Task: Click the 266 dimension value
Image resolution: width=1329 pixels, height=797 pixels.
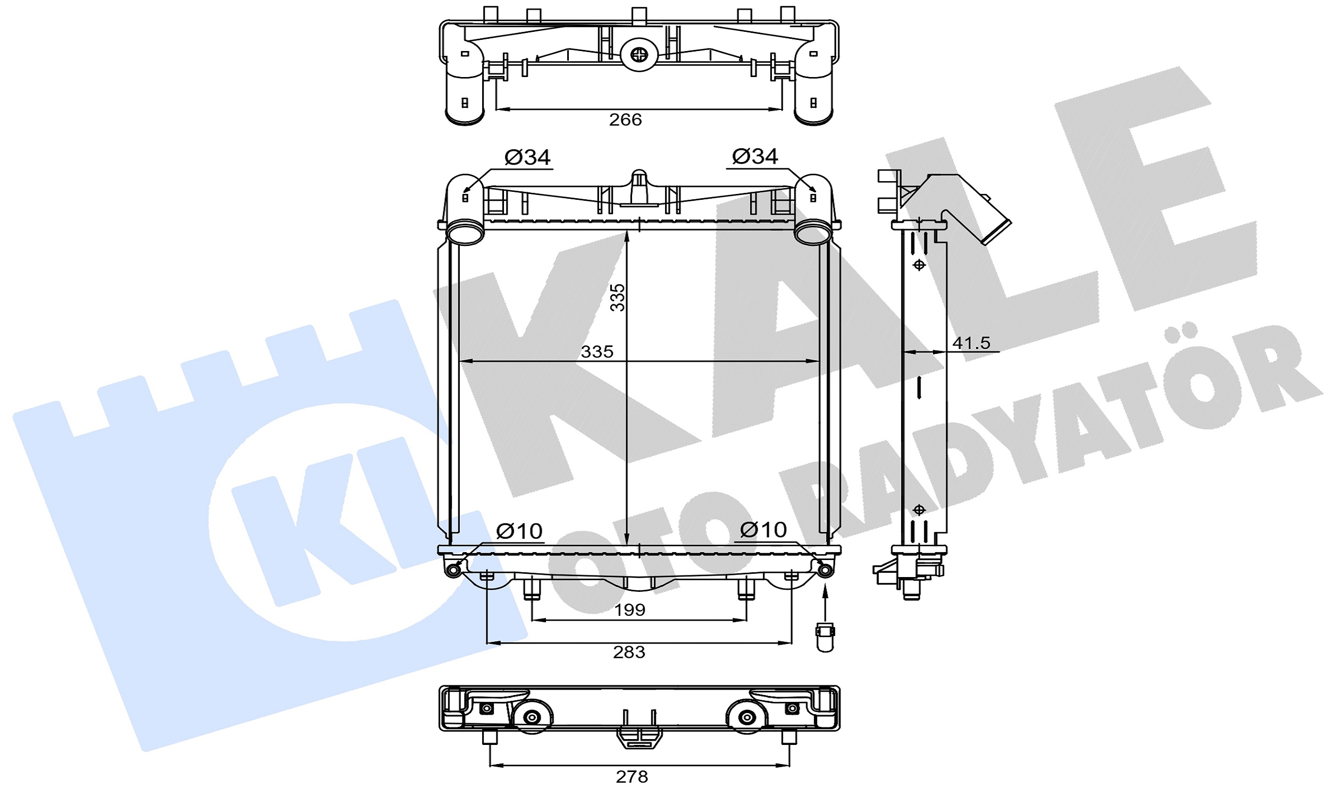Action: pyautogui.click(x=625, y=120)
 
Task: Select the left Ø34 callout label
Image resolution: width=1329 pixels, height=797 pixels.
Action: pyautogui.click(x=527, y=157)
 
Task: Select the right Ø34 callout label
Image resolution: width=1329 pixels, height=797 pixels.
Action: pyautogui.click(x=755, y=156)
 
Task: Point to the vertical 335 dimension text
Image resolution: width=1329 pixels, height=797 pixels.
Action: pyautogui.click(x=618, y=297)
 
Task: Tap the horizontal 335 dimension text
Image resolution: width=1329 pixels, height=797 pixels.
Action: pyautogui.click(x=597, y=352)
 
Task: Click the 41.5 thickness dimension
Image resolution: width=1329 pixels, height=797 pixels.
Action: pyautogui.click(x=971, y=343)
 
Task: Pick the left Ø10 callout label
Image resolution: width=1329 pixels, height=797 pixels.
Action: pyautogui.click(x=519, y=531)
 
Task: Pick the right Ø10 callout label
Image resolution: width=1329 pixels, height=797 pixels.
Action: pyautogui.click(x=763, y=530)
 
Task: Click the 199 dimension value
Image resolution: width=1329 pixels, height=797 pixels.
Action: pyautogui.click(x=629, y=609)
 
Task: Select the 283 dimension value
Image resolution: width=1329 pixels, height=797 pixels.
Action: pyautogui.click(x=629, y=652)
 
